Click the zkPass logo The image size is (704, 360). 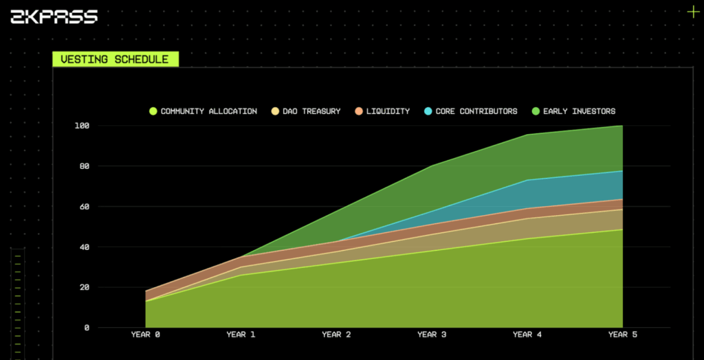pos(54,16)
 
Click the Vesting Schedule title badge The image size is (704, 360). pos(115,59)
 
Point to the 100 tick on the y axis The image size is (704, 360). pos(82,126)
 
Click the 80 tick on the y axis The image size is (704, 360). pos(85,166)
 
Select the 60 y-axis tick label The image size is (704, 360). pos(85,207)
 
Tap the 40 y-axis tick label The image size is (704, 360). pos(85,247)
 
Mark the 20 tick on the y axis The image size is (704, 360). pos(85,287)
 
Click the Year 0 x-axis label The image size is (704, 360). pos(145,335)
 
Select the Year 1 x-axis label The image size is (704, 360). pos(241,335)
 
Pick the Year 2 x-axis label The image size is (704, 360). pos(336,335)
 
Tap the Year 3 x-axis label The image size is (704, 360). pos(432,335)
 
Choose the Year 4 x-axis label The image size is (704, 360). pos(527,335)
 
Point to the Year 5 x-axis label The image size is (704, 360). pos(622,335)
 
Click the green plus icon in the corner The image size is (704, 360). pos(693,12)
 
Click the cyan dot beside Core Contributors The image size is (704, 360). pos(428,111)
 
